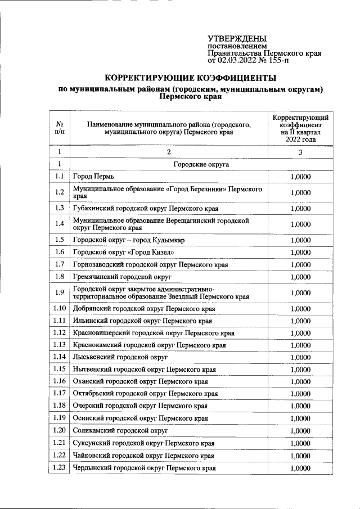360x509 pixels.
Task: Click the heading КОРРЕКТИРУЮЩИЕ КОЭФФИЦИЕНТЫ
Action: click(x=191, y=78)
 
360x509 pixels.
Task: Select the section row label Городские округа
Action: click(x=201, y=164)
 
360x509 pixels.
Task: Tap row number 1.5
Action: click(x=59, y=240)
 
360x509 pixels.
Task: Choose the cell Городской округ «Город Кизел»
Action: click(x=119, y=252)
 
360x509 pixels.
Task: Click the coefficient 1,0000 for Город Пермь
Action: click(x=300, y=177)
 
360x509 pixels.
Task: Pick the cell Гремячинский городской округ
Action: click(x=122, y=276)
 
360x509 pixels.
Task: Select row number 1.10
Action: click(x=59, y=309)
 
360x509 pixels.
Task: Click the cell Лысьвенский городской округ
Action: click(x=120, y=357)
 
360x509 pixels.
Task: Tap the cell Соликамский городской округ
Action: click(x=121, y=431)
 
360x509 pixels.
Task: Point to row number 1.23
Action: click(x=59, y=468)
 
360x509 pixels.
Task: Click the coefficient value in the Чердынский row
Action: click(x=300, y=468)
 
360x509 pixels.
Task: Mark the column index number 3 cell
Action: click(x=300, y=152)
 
